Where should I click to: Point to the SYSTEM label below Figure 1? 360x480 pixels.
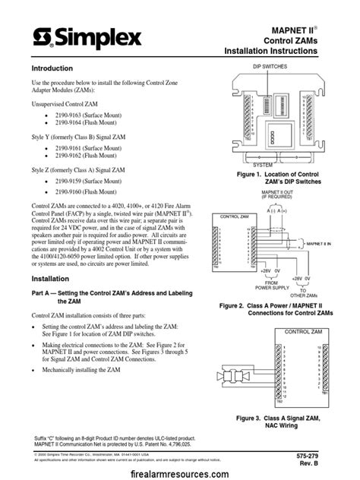click(262, 164)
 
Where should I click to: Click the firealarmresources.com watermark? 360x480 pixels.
click(180, 471)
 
